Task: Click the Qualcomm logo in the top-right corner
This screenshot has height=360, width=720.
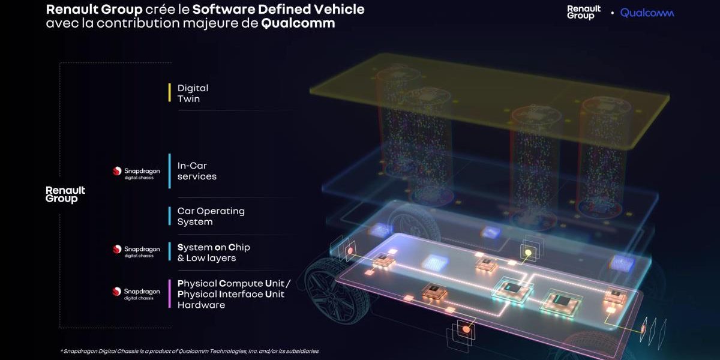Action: pyautogui.click(x=647, y=13)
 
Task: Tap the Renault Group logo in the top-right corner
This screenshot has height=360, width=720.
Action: pyautogui.click(x=584, y=12)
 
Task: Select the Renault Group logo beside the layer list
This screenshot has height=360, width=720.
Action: pyautogui.click(x=65, y=194)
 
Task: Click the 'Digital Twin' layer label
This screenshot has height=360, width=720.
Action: pyautogui.click(x=193, y=93)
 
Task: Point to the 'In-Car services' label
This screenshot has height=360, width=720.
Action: pyautogui.click(x=197, y=171)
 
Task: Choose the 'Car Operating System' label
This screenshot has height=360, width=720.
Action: pyautogui.click(x=211, y=217)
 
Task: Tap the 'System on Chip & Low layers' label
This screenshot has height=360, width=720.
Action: pyautogui.click(x=214, y=253)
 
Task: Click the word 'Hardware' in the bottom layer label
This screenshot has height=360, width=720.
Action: pyautogui.click(x=201, y=305)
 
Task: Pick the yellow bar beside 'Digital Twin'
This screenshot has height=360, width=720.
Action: pyautogui.click(x=170, y=92)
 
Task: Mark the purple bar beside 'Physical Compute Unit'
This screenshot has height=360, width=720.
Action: pyautogui.click(x=170, y=293)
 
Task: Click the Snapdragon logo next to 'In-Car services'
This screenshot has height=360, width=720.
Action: pyautogui.click(x=136, y=173)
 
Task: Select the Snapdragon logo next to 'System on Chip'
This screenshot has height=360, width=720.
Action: pyautogui.click(x=136, y=251)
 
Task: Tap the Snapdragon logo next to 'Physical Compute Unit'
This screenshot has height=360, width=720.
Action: pyautogui.click(x=136, y=293)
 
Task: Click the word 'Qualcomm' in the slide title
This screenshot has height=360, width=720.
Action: pyautogui.click(x=298, y=23)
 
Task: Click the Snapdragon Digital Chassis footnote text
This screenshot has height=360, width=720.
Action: pyautogui.click(x=190, y=351)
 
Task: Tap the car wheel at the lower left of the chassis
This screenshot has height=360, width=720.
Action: pyautogui.click(x=334, y=296)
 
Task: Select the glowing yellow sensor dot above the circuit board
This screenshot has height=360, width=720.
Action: pyautogui.click(x=528, y=253)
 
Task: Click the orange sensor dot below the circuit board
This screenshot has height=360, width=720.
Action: pyautogui.click(x=466, y=329)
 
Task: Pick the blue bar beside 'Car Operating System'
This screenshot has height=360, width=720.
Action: pyautogui.click(x=170, y=216)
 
